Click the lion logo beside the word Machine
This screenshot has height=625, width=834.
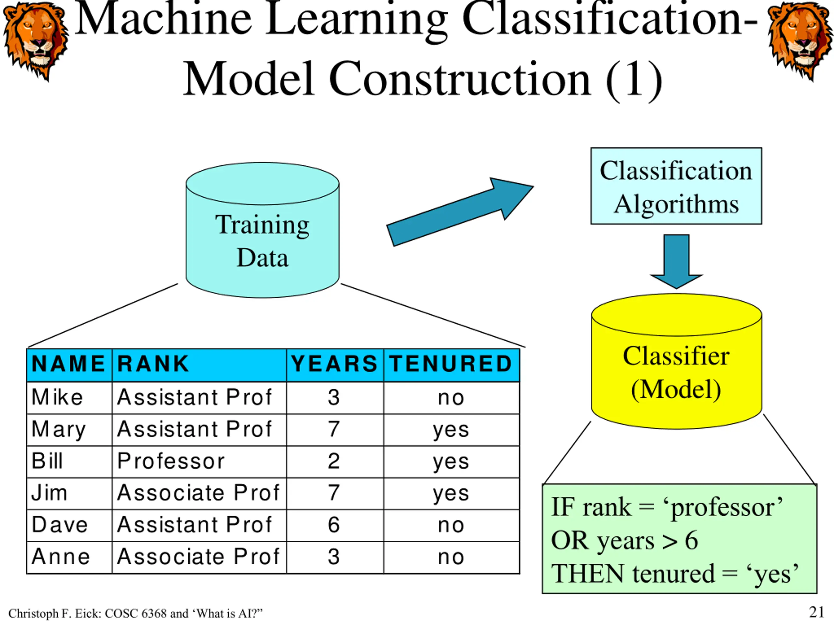click(x=36, y=41)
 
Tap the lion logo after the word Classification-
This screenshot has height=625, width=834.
click(x=800, y=41)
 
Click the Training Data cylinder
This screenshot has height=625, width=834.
click(x=262, y=230)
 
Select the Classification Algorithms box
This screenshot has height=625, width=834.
click(x=676, y=186)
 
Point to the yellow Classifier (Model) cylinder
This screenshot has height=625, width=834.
click(x=676, y=361)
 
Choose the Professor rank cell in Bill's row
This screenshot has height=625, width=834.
click(x=199, y=462)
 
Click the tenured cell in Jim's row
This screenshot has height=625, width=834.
click(x=451, y=493)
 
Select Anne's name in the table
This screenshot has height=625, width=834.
click(x=61, y=557)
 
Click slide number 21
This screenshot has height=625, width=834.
click(x=817, y=612)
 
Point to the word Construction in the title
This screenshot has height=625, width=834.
click(x=460, y=80)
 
